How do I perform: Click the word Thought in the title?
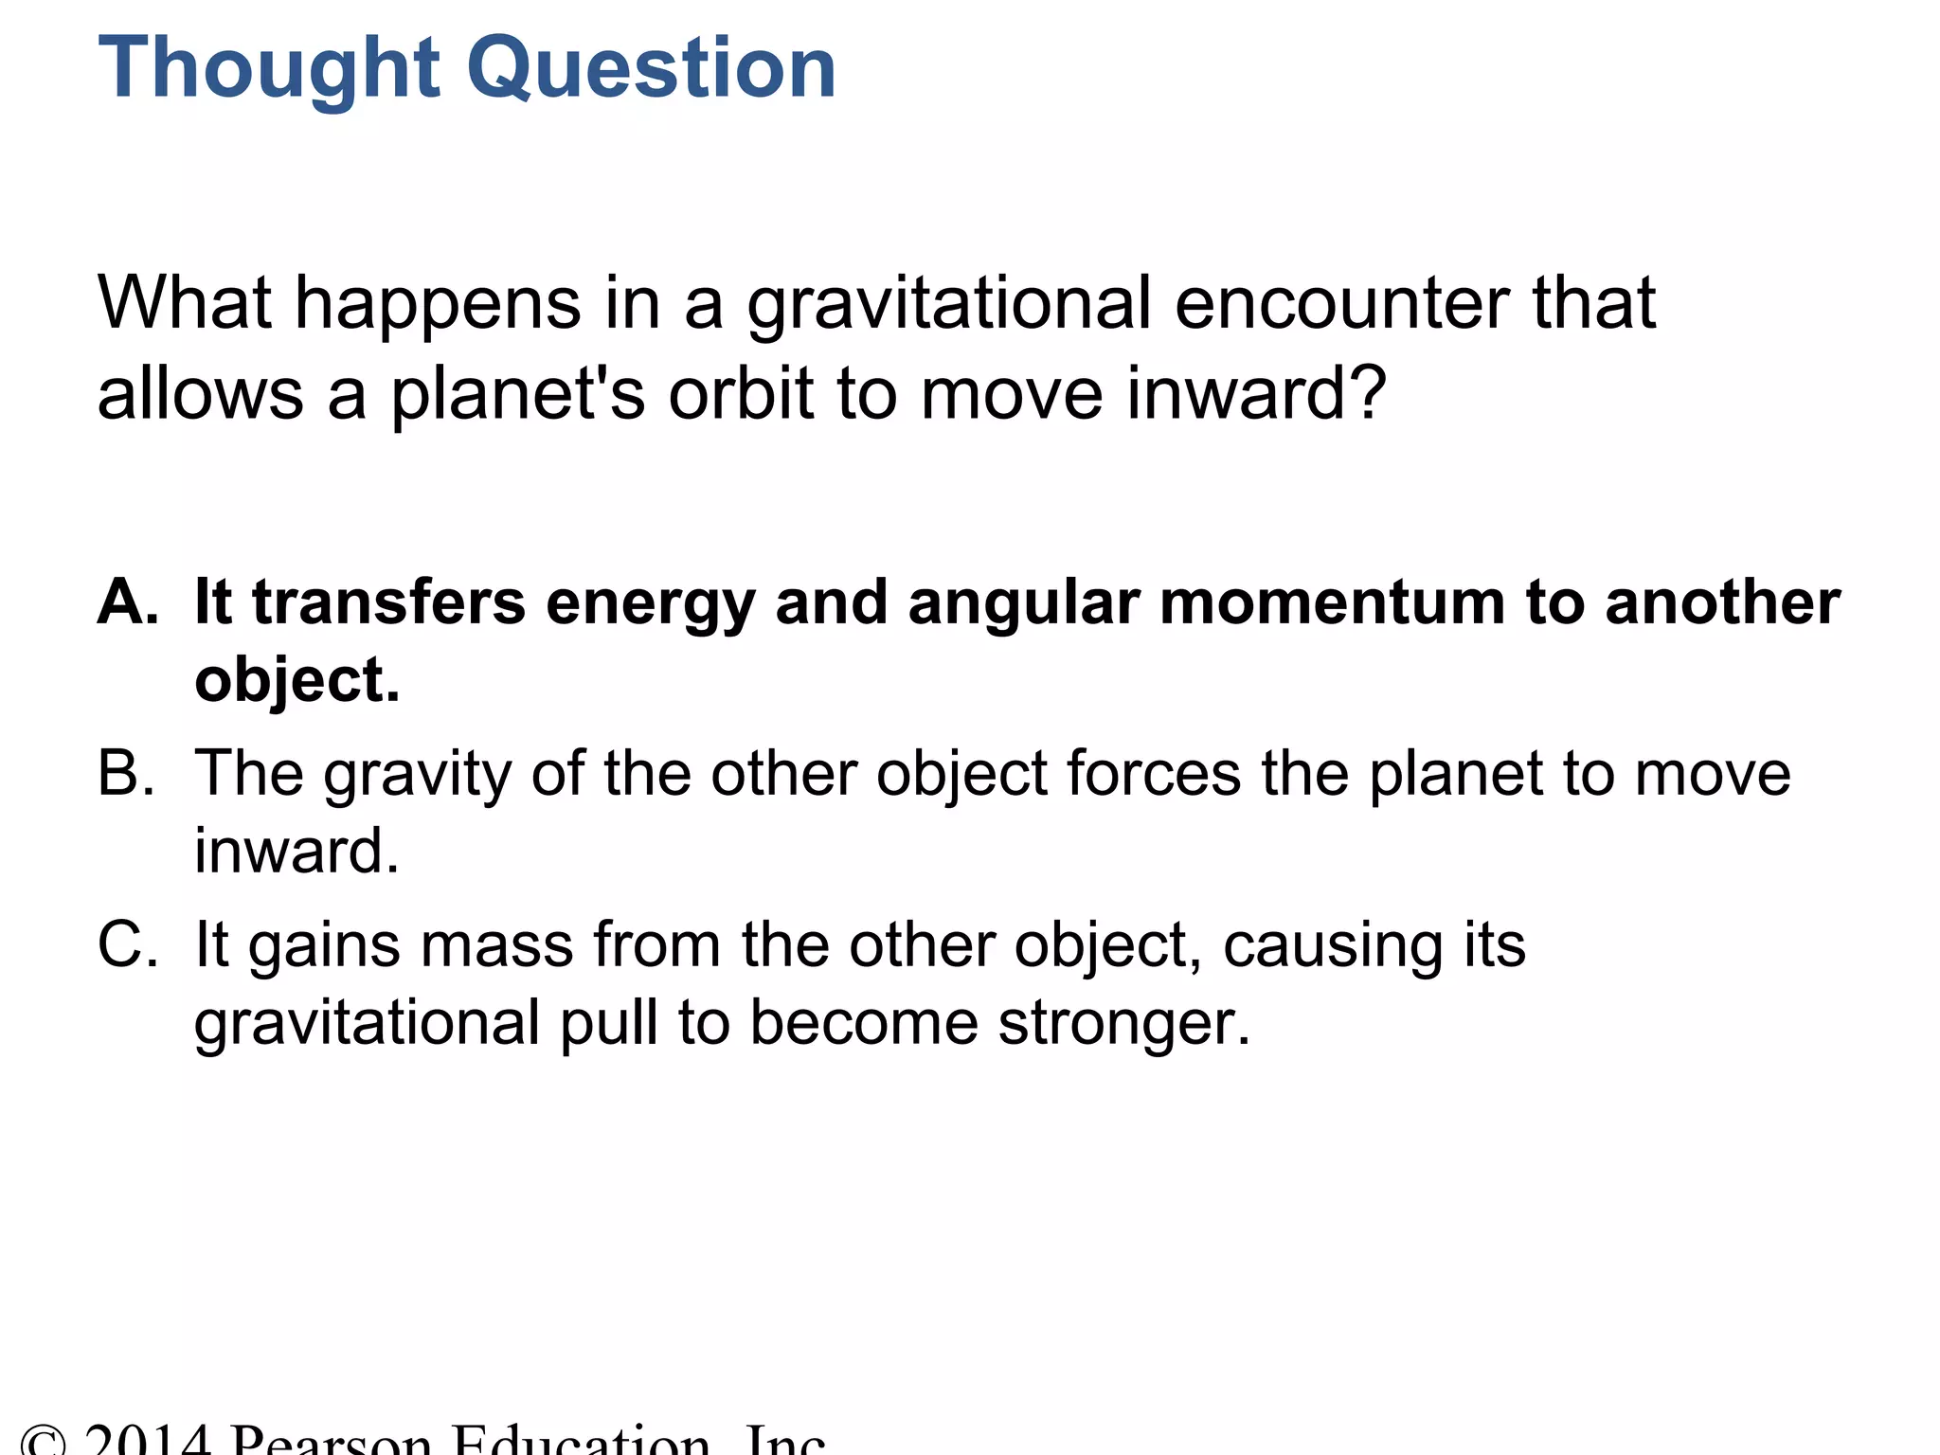269,69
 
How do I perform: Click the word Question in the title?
653,69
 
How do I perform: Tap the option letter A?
127,602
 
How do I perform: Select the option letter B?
126,773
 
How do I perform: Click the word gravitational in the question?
949,306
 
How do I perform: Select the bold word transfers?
388,602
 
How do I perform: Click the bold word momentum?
1332,602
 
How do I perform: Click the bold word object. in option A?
297,682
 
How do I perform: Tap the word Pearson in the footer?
332,1442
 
